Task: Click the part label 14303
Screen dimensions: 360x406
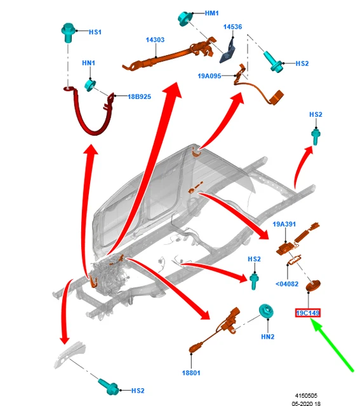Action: click(x=155, y=40)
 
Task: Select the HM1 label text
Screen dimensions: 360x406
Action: click(x=212, y=13)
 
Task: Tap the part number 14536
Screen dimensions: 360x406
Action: click(x=232, y=27)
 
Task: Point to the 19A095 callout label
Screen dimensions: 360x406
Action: click(x=210, y=76)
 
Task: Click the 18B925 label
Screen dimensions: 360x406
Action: click(x=140, y=97)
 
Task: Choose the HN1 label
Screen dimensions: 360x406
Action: click(x=89, y=63)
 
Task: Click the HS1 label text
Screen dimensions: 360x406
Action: click(x=95, y=32)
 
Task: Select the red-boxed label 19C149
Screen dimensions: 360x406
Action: click(x=308, y=313)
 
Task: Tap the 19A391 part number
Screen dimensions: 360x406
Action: click(x=284, y=224)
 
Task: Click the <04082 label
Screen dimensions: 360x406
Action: click(x=287, y=284)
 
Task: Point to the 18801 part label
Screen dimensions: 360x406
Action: click(x=191, y=373)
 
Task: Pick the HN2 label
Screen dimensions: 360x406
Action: click(x=267, y=337)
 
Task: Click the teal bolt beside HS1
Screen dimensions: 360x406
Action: click(x=68, y=32)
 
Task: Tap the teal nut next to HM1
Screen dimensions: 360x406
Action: click(x=185, y=18)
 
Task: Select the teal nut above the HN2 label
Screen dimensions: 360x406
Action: click(x=267, y=311)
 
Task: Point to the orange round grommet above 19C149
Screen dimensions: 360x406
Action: click(x=313, y=285)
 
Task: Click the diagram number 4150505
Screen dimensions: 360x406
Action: click(x=306, y=396)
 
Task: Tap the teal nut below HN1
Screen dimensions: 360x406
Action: click(x=90, y=86)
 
